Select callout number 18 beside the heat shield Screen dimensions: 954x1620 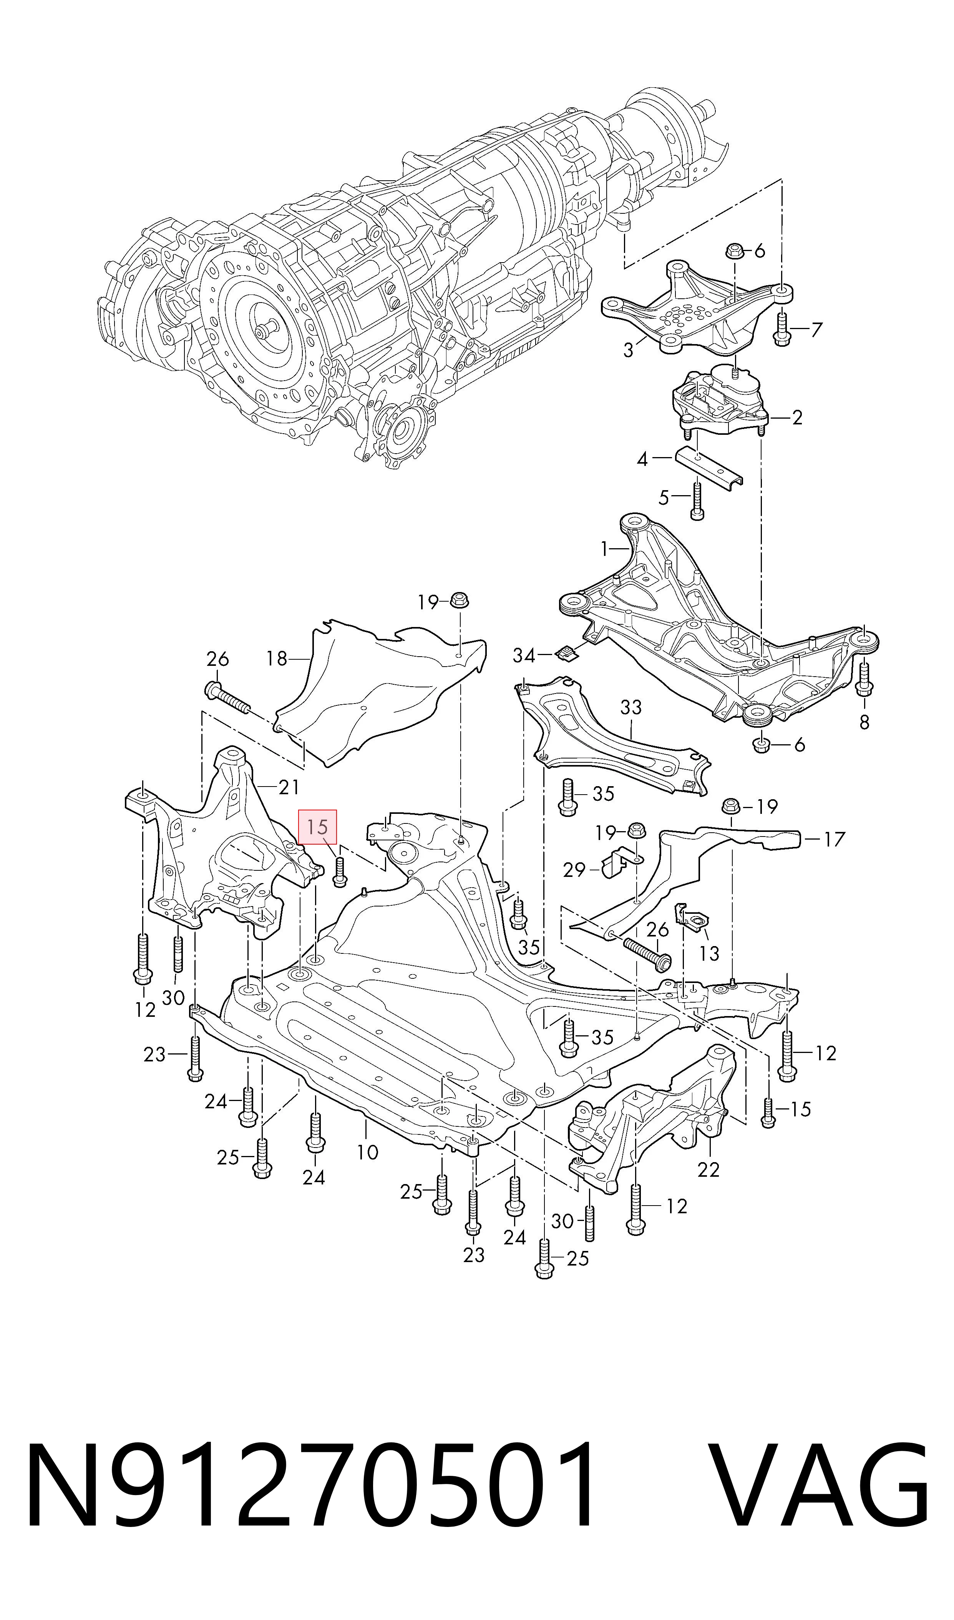(277, 659)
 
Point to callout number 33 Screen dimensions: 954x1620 (631, 707)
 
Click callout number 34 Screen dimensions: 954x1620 (524, 655)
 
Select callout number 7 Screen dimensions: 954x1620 (816, 330)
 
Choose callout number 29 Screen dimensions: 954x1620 (574, 870)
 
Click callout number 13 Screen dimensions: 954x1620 (709, 953)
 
